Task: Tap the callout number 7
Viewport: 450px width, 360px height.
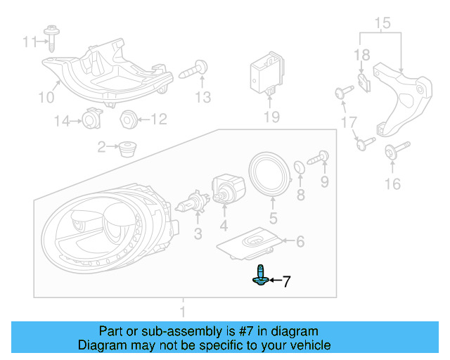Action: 286,283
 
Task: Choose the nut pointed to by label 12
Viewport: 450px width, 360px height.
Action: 128,119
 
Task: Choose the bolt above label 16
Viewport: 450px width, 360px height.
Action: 391,151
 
